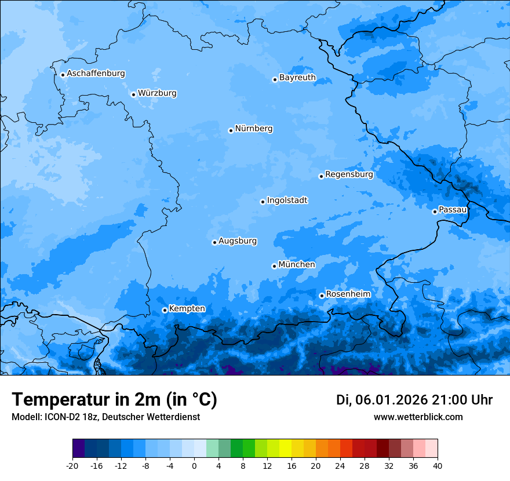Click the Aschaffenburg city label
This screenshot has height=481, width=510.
coord(96,74)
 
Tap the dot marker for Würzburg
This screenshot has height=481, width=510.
coord(133,94)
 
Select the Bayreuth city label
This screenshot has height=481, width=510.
coord(297,78)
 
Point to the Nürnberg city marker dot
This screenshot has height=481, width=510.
coord(231,130)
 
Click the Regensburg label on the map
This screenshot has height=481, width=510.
coord(349,174)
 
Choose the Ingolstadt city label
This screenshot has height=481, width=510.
coord(287,201)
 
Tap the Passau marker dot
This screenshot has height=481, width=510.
coord(435,212)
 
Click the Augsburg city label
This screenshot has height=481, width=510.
coord(238,241)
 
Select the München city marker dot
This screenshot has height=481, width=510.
coord(274,266)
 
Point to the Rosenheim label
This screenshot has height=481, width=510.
coord(348,294)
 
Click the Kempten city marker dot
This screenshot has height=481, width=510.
coord(165,310)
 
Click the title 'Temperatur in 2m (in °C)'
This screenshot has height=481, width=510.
coord(114,399)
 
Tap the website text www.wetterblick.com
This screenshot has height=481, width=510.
coord(418,417)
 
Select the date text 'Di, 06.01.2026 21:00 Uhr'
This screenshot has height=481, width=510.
coord(414,400)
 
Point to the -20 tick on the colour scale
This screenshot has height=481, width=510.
coord(72,465)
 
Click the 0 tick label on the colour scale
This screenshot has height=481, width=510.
coord(194,465)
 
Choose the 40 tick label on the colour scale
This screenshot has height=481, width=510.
coord(438,465)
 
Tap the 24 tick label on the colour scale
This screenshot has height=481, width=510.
coord(340,465)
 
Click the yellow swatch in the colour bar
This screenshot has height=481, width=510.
coord(285,449)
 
